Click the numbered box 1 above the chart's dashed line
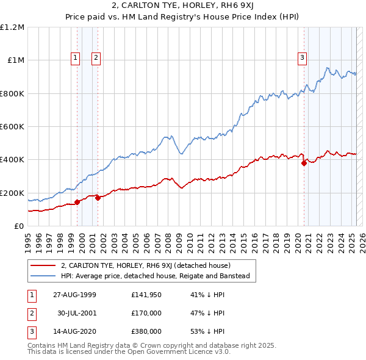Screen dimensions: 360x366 pos(75,59)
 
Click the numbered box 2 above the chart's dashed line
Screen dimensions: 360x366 pos(96,59)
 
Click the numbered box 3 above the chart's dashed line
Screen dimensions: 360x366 pos(302,59)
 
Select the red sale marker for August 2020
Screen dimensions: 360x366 pos(304,163)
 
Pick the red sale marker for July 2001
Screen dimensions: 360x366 pos(98,198)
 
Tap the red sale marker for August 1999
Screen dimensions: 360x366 pos(77,202)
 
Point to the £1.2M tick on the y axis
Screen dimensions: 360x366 pos(12,27)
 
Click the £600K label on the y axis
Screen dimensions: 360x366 pos(12,127)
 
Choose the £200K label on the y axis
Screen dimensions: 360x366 pos(12,193)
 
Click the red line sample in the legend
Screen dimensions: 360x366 pos(43,266)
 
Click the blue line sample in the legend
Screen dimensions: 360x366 pos(43,276)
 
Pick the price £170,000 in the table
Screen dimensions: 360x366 pos(146,313)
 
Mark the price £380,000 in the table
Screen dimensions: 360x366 pos(146,331)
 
